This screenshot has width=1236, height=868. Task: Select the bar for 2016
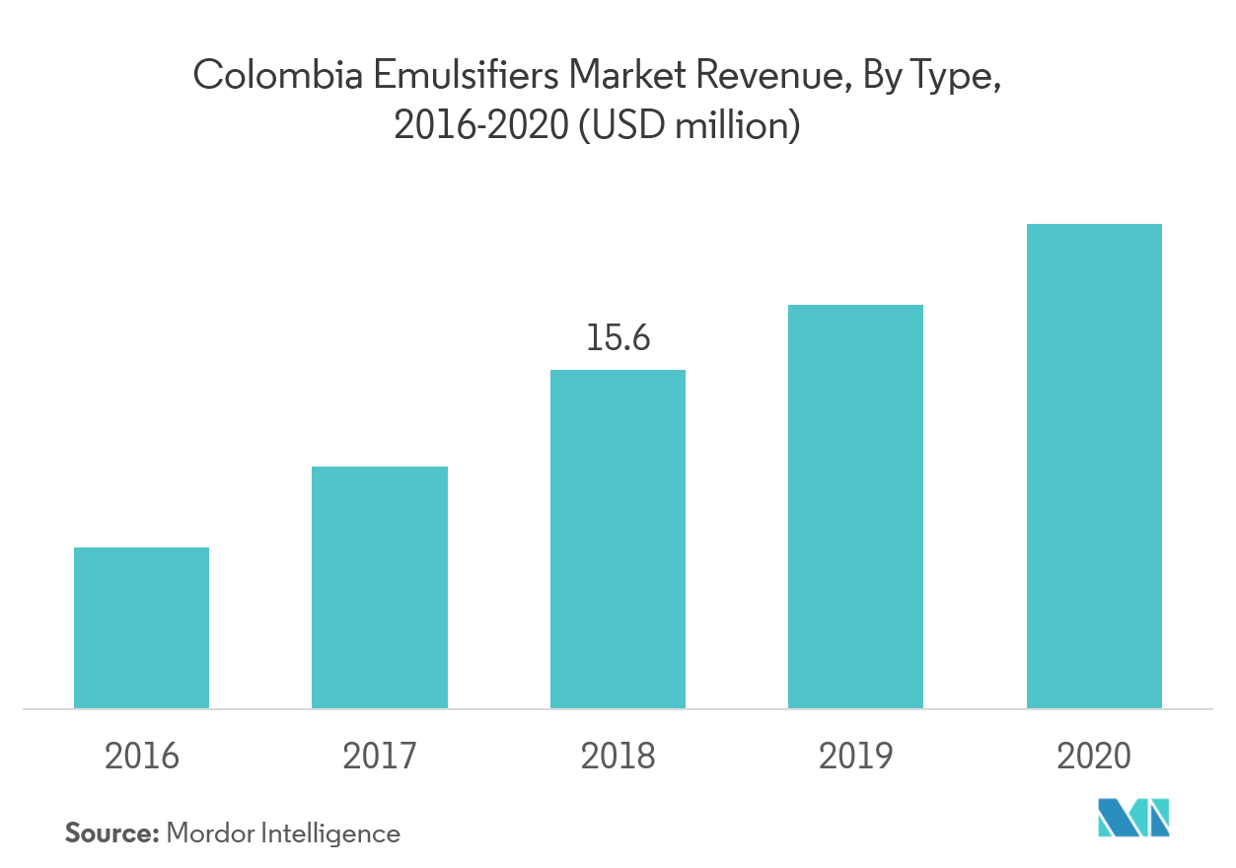tap(141, 627)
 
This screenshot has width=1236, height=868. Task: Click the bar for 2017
tap(380, 587)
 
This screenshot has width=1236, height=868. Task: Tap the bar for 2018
tap(618, 539)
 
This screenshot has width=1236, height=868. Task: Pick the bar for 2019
tap(855, 506)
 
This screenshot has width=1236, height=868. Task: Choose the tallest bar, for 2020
tap(1094, 466)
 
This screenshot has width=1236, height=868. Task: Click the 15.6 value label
tap(618, 338)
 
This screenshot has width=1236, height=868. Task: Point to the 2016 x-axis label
tap(142, 757)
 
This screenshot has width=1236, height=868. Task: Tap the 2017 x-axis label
tap(380, 757)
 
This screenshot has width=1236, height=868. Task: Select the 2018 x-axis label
tap(618, 757)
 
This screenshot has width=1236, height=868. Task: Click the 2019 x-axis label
tap(855, 757)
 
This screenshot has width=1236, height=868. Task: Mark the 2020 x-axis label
tap(1094, 757)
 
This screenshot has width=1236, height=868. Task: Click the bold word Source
tap(111, 833)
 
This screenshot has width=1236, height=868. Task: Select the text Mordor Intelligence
tap(284, 833)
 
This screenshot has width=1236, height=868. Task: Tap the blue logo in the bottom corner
tap(1134, 819)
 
